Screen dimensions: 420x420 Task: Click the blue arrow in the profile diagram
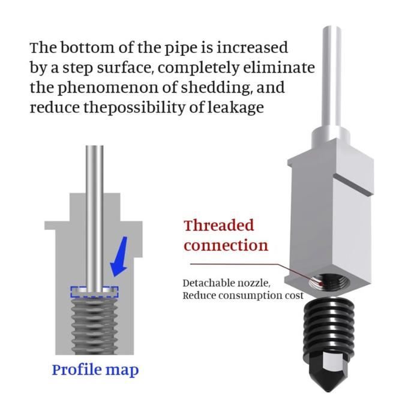[x=119, y=257]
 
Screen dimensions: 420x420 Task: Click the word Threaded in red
[x=218, y=226]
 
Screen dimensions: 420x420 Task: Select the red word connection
[x=226, y=245]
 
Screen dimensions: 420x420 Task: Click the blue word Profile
[x=77, y=370]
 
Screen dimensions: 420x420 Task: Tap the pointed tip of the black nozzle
[x=329, y=391]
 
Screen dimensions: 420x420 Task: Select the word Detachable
[x=205, y=283]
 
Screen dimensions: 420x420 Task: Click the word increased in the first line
[x=252, y=47]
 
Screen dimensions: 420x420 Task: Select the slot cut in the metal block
[x=353, y=184]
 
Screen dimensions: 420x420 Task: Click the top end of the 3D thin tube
[x=332, y=28]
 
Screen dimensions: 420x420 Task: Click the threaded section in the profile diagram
[x=94, y=325]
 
